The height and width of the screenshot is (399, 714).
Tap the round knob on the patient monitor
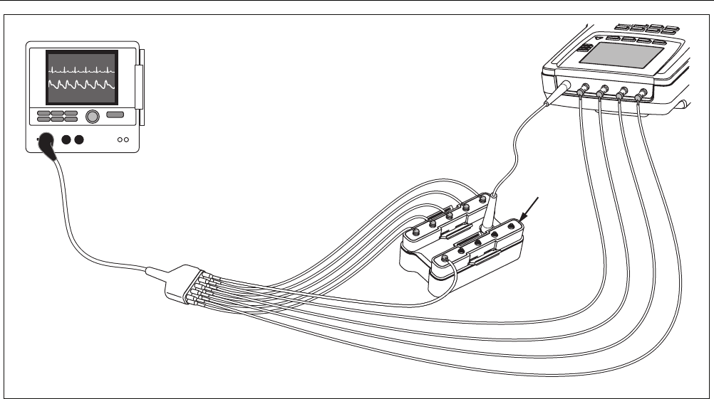coord(93,116)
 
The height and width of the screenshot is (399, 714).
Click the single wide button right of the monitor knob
coord(114,115)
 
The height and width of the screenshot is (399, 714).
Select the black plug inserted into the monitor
coord(48,143)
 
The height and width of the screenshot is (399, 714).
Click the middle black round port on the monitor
coord(67,139)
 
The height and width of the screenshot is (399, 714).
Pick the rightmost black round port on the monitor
coord(79,139)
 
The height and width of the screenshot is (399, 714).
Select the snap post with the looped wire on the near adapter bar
coord(445,257)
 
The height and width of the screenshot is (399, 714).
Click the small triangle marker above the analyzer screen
coord(598,38)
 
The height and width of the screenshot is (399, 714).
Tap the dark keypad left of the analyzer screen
coord(585,48)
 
